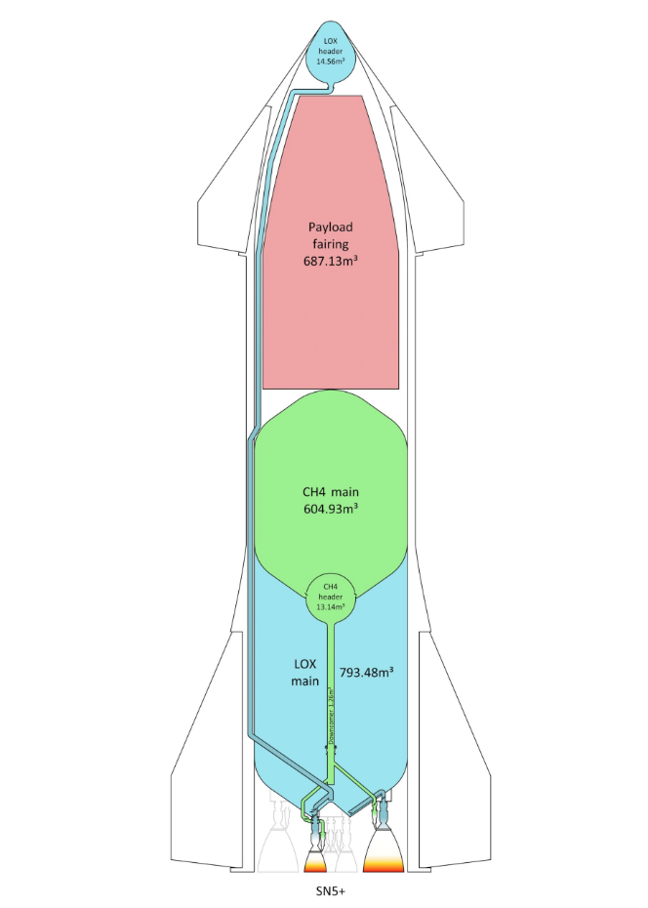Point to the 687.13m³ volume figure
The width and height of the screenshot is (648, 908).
coord(331,261)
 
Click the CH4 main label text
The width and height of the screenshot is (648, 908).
coord(331,491)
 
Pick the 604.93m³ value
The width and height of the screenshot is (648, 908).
coord(331,509)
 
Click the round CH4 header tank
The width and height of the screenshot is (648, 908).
coord(331,596)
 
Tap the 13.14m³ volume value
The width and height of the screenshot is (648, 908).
coord(331,605)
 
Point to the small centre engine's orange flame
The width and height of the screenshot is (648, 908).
coord(315,861)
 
